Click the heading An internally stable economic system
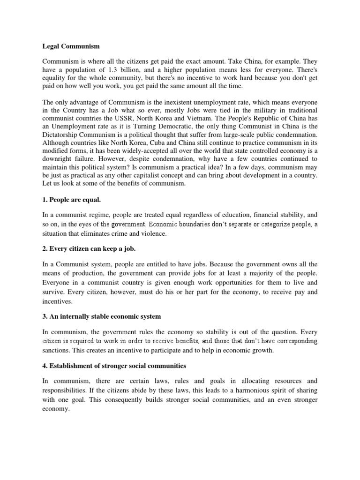click(102, 316)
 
